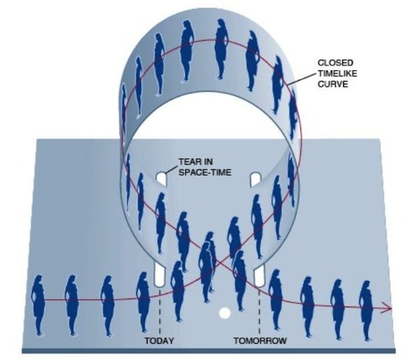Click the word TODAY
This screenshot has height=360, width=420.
[159, 340]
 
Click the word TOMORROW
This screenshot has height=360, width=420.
[260, 340]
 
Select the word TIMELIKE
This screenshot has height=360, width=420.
[337, 74]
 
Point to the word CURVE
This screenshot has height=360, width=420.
[332, 84]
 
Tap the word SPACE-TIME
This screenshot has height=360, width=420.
[204, 172]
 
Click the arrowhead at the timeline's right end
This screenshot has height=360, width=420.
[388, 307]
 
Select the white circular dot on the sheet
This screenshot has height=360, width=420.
[225, 313]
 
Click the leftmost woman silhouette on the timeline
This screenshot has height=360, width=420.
[38, 305]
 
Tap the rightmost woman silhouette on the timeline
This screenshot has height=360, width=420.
[365, 310]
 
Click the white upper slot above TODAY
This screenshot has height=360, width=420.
[161, 179]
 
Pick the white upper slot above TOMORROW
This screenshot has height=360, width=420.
[255, 179]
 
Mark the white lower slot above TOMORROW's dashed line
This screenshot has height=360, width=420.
[259, 275]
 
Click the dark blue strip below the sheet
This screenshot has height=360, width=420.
[209, 351]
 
